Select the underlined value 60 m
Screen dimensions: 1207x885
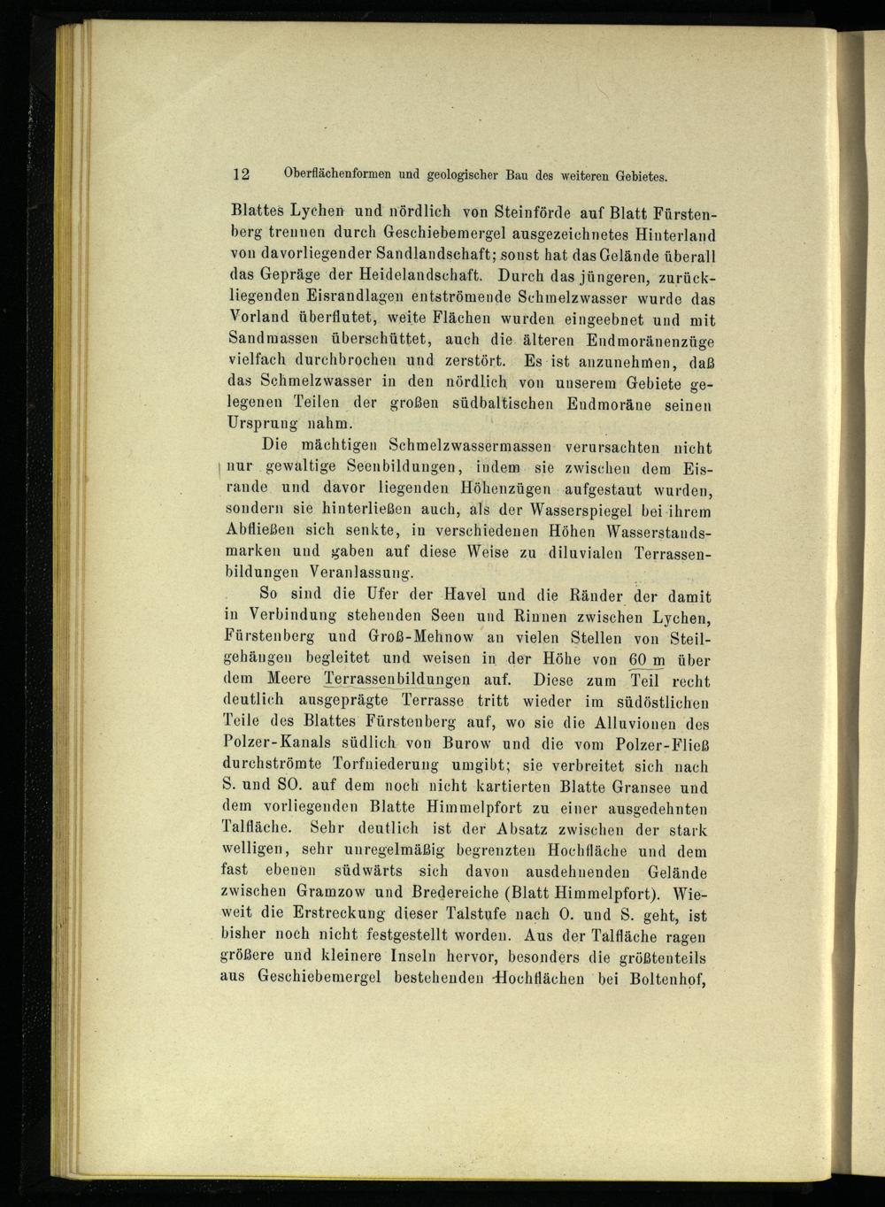tap(646, 659)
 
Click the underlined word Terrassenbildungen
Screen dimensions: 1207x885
tap(396, 680)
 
